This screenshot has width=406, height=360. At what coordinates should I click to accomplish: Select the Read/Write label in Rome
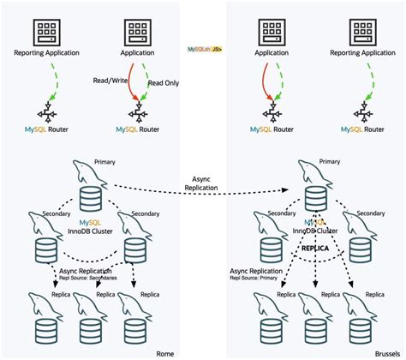(x=110, y=80)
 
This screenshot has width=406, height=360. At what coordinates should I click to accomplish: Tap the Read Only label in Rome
(x=164, y=84)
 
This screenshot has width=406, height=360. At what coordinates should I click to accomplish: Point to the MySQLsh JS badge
(x=205, y=50)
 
